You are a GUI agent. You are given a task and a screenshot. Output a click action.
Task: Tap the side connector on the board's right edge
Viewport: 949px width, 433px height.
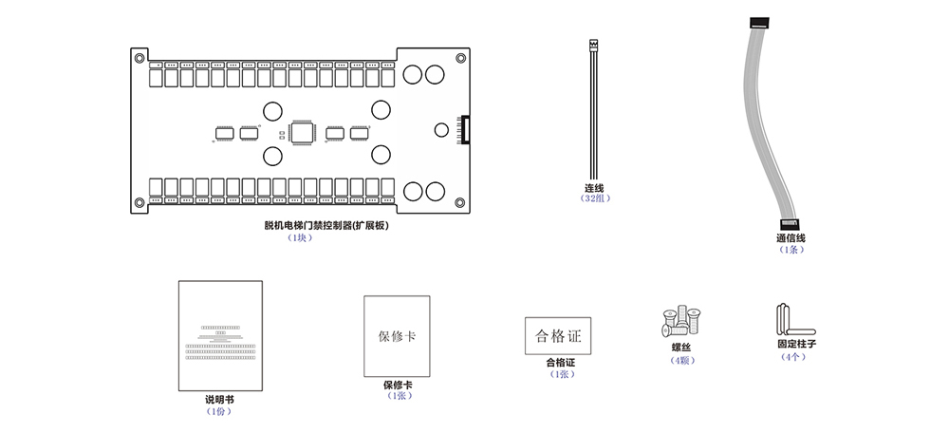pyautogui.click(x=464, y=130)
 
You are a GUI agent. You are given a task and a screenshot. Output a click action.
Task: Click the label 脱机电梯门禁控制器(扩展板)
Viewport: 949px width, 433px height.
pyautogui.click(x=326, y=226)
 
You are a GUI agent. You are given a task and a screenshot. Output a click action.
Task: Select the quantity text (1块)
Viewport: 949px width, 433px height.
pyautogui.click(x=300, y=238)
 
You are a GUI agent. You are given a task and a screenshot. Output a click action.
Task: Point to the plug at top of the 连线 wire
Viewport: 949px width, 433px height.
pyautogui.click(x=595, y=45)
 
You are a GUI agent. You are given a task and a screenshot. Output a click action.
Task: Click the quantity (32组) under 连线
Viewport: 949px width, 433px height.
pyautogui.click(x=595, y=198)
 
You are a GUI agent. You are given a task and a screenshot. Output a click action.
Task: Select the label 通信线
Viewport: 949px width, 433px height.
pyautogui.click(x=791, y=238)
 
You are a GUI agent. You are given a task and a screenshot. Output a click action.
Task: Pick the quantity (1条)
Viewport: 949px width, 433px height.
pyautogui.click(x=791, y=250)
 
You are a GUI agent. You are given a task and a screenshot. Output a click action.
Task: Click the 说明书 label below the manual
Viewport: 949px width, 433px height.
pyautogui.click(x=218, y=400)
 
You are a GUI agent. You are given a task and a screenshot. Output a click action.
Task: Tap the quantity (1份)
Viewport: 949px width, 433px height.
pyautogui.click(x=218, y=411)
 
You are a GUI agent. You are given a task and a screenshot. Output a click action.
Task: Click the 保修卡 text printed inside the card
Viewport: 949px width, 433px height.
pyautogui.click(x=397, y=337)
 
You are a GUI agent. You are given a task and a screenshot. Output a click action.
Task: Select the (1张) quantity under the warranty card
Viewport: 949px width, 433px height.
pyautogui.click(x=397, y=396)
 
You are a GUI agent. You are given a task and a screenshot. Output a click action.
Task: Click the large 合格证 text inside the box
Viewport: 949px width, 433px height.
pyautogui.click(x=558, y=336)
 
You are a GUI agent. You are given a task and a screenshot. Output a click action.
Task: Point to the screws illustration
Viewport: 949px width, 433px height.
pyautogui.click(x=680, y=323)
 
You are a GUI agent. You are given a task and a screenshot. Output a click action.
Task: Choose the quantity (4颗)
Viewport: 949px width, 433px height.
pyautogui.click(x=681, y=360)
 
